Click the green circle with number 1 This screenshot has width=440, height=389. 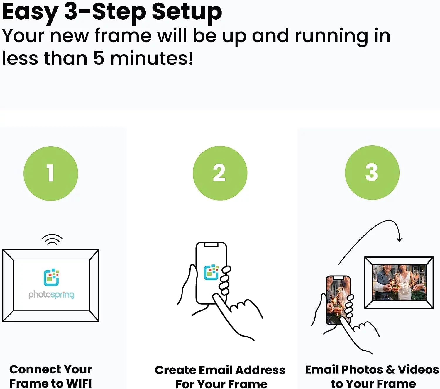[x=51, y=173]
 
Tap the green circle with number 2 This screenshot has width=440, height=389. [x=220, y=173]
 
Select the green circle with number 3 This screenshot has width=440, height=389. [x=372, y=173]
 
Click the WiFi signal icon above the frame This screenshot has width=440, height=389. [x=52, y=240]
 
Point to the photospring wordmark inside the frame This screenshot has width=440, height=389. [x=51, y=294]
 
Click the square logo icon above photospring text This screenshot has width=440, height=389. [x=51, y=277]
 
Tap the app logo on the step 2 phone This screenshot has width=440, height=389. [x=211, y=272]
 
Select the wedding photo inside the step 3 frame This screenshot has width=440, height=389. [x=399, y=283]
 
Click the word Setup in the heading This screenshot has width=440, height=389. [x=187, y=12]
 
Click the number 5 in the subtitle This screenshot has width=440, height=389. [x=99, y=58]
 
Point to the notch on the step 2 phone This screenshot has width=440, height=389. [x=211, y=245]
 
